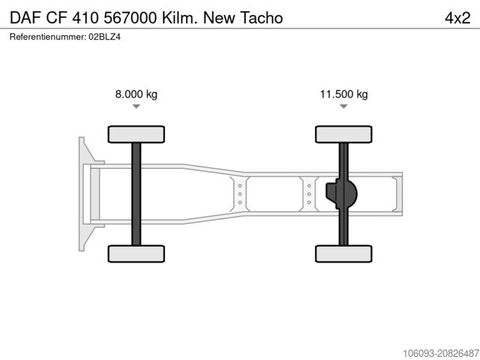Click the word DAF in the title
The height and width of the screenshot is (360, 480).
tap(25, 18)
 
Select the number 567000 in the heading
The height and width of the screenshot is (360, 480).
tap(130, 18)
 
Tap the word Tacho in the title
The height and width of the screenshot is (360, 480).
tap(261, 18)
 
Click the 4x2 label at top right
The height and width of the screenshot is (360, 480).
tap(457, 18)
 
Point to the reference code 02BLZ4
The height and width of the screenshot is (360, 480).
tap(105, 37)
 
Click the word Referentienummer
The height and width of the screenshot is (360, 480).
tap(48, 37)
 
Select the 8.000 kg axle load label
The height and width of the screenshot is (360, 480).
tap(136, 94)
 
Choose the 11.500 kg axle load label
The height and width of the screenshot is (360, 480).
tap(343, 94)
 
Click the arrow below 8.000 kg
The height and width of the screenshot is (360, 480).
tap(136, 106)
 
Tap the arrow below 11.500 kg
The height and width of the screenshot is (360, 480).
tap(343, 106)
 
